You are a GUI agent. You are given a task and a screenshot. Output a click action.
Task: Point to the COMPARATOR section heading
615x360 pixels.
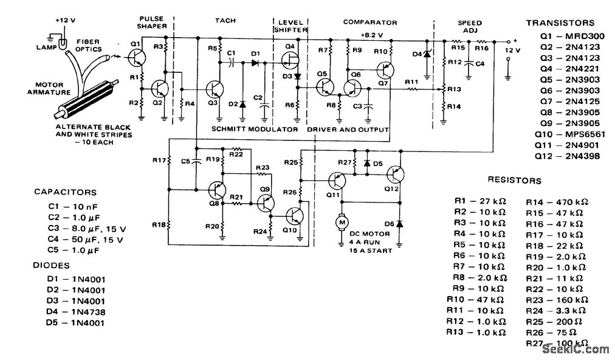tap(369, 22)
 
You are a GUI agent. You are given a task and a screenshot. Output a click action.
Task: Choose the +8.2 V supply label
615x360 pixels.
tap(371, 35)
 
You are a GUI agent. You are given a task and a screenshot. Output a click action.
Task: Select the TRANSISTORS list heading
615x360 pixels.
tap(560, 23)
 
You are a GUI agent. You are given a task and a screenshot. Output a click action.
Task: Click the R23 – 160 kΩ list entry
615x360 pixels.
tap(556, 300)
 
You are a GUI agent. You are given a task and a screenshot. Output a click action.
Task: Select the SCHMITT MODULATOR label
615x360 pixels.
tap(255, 130)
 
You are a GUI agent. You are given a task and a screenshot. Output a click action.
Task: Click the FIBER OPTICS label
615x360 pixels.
tap(88, 46)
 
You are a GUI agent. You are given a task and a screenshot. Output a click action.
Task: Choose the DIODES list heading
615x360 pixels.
tap(51, 265)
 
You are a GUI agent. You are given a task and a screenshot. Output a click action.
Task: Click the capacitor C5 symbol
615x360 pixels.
tap(196, 162)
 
